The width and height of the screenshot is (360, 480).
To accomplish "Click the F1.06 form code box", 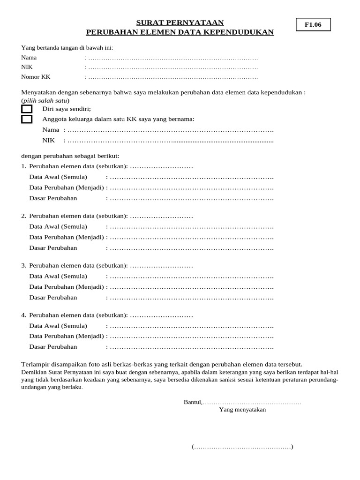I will (313, 25).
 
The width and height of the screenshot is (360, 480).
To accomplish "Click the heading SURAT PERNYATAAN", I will (180, 22).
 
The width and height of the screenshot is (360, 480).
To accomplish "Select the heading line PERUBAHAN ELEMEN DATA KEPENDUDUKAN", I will (180, 32).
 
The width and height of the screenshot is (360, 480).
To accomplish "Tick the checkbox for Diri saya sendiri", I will (27, 109).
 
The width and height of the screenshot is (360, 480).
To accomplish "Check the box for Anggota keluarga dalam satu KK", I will (27, 119).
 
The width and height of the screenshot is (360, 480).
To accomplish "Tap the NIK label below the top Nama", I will (27, 67).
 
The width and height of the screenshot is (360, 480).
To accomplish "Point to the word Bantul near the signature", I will (192, 402).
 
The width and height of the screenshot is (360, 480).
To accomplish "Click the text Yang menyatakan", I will (242, 409).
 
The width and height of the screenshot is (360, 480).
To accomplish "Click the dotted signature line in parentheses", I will (242, 447).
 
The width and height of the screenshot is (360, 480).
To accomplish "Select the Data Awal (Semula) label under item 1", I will (58, 177).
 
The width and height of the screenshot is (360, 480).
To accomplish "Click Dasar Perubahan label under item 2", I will (53, 247).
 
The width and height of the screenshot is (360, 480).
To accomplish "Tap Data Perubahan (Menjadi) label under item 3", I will (67, 286).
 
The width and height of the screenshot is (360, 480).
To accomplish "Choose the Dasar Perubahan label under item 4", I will (53, 347).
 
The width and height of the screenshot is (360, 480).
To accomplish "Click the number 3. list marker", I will (24, 265).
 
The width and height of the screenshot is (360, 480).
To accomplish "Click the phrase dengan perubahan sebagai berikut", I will (70, 156).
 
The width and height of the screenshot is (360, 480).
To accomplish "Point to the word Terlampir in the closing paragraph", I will (35, 364).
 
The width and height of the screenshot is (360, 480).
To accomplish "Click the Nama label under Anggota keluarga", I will (51, 130).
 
